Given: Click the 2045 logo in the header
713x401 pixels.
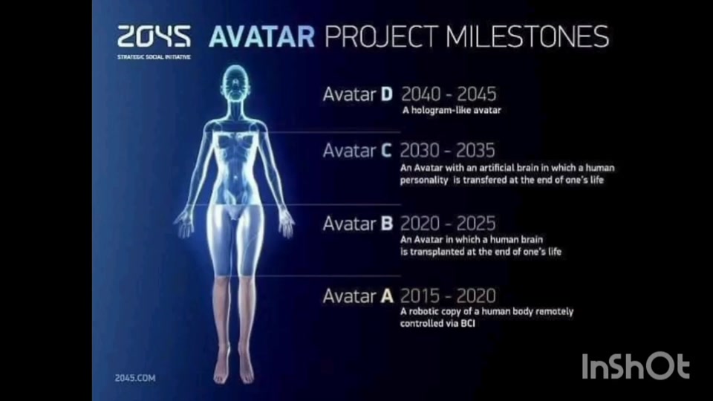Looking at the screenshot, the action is (x=154, y=36).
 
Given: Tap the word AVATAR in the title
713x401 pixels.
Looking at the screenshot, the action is (x=262, y=37).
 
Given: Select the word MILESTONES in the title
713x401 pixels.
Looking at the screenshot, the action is (x=527, y=37).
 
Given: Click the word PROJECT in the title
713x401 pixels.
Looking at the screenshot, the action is (x=381, y=37).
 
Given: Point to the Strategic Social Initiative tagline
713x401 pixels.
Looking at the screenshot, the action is (x=154, y=57).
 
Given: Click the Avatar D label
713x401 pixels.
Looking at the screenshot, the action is (x=358, y=94).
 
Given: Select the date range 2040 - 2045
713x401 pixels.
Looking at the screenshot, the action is (x=449, y=94).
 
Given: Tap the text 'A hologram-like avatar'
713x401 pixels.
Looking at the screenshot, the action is (x=452, y=110).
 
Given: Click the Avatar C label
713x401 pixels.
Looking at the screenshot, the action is (x=357, y=151).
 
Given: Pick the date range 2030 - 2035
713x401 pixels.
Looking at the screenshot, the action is (x=447, y=151).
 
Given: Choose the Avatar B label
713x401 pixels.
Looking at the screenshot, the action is (x=358, y=224).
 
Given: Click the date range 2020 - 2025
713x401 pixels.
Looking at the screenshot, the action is (x=448, y=224).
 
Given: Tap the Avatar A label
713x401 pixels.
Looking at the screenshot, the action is (x=358, y=296).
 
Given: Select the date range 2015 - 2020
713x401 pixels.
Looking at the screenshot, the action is (x=448, y=296).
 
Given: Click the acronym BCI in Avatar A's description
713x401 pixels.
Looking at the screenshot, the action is (x=468, y=323).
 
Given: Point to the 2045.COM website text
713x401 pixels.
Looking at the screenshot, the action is (x=135, y=378).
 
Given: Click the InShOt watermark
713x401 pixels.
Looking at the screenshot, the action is (x=636, y=366).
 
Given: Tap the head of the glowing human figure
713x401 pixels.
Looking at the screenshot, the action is (x=235, y=82).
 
